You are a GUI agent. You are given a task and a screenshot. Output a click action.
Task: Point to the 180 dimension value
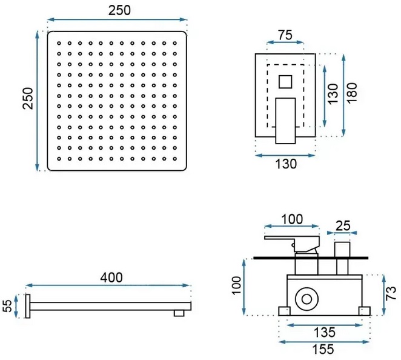(353, 94)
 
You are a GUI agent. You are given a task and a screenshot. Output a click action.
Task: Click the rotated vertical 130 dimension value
(331, 95)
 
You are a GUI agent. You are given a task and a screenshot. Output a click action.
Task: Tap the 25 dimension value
(343, 226)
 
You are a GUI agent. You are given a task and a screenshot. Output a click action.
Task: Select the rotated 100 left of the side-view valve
(237, 286)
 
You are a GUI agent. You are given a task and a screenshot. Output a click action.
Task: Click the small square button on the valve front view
(285, 81)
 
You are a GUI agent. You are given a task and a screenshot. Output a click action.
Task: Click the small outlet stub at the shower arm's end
(179, 312)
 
